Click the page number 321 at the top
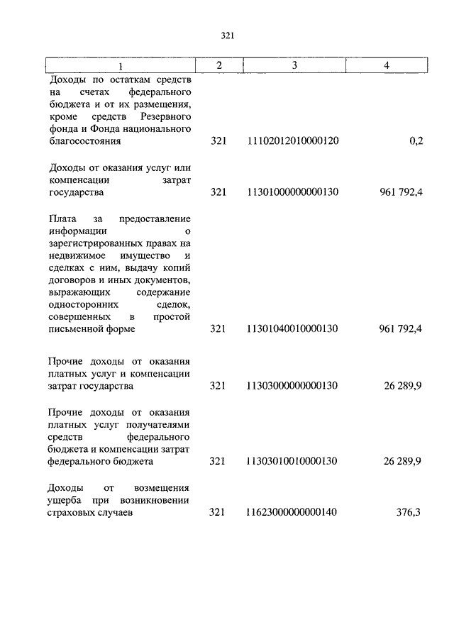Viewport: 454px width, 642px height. [x=227, y=35]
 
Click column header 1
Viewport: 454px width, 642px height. [x=120, y=66]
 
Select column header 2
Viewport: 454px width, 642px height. [x=219, y=65]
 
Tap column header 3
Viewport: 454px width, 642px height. [x=293, y=65]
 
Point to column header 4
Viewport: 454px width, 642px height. [x=387, y=65]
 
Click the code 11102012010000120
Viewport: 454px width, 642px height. [x=292, y=141]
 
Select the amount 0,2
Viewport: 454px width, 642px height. [x=416, y=141]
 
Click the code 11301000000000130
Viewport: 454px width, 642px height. [x=292, y=192]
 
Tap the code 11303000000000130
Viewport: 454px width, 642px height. [x=292, y=385]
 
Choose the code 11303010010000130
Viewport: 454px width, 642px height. [x=292, y=461]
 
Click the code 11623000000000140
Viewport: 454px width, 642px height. [x=292, y=512]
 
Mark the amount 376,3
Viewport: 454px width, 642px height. [x=409, y=512]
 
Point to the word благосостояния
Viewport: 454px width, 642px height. [x=84, y=141]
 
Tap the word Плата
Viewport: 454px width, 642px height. [x=62, y=218]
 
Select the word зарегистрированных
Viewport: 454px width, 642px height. [x=94, y=243]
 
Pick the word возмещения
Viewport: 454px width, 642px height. [x=164, y=487]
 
